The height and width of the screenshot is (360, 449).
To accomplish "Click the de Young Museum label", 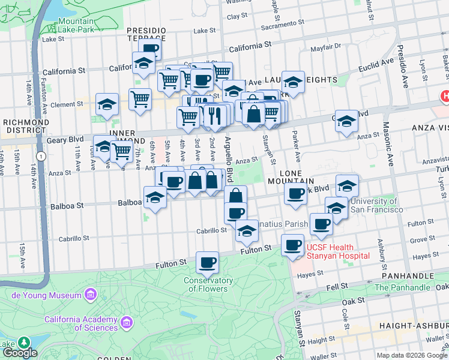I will click(46, 295).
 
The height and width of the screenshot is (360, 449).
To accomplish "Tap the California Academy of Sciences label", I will click(80, 323).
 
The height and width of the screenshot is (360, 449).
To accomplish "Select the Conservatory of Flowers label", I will click(208, 284).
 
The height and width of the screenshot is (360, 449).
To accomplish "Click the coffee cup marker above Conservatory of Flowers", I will click(208, 262).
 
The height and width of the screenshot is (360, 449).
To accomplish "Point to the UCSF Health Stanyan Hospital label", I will click(338, 251).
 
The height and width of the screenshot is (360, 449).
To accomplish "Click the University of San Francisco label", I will click(376, 205).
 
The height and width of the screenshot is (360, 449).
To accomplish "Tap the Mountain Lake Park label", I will click(76, 25).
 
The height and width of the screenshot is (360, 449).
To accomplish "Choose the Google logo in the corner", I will click(20, 352).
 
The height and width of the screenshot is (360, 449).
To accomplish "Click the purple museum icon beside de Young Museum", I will click(90, 295).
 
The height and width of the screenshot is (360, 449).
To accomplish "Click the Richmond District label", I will click(26, 127).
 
